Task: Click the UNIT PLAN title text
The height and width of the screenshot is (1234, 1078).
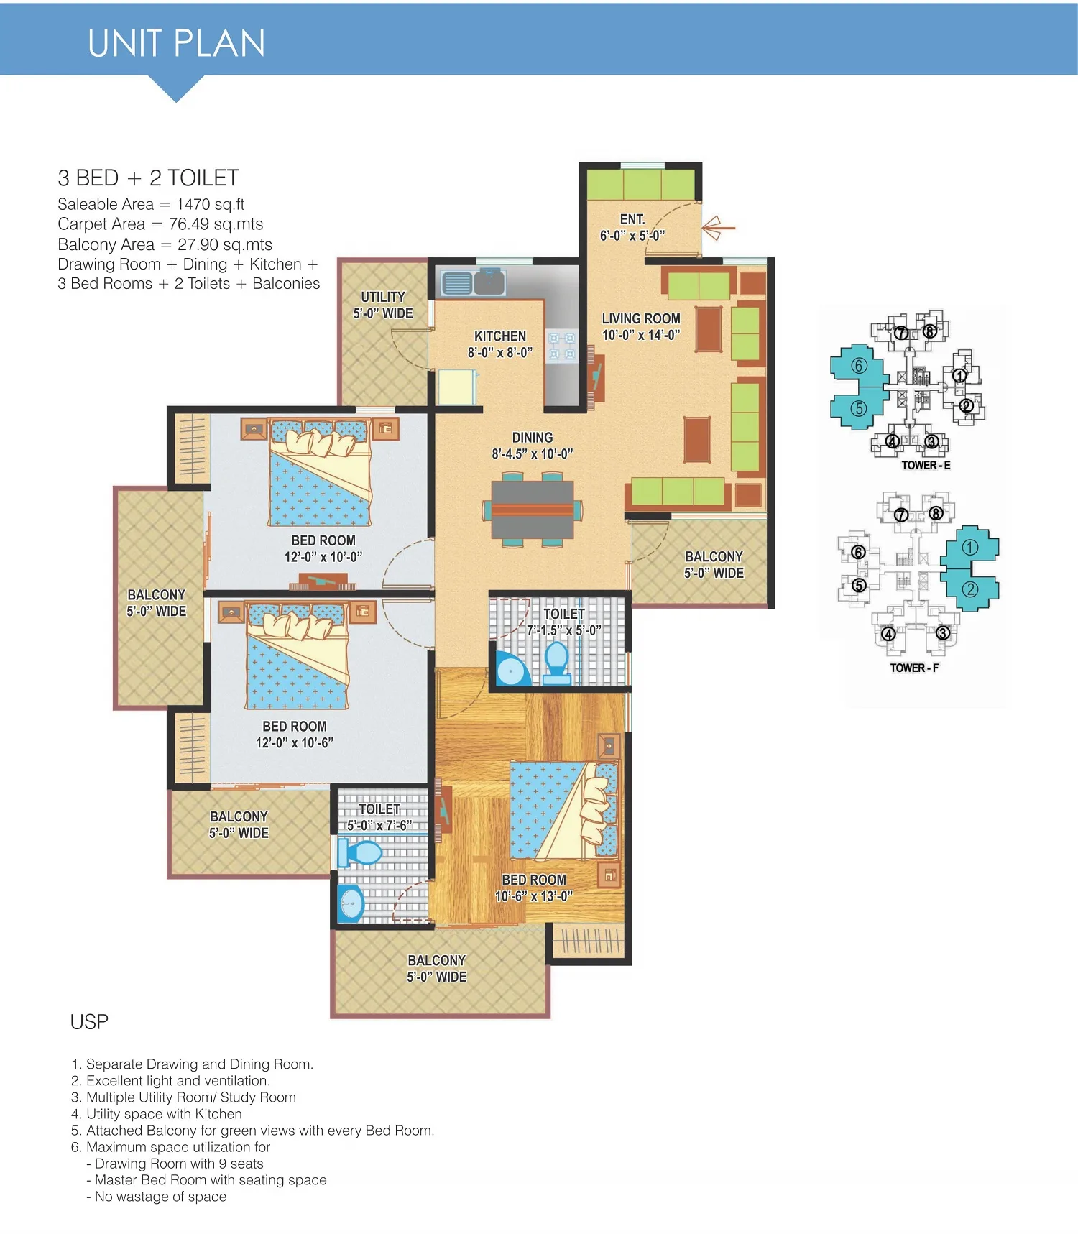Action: click(177, 43)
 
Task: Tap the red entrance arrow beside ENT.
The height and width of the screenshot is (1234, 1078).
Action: click(718, 228)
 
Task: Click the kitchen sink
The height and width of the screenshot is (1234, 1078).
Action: click(474, 282)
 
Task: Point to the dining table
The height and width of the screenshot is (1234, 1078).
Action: click(533, 510)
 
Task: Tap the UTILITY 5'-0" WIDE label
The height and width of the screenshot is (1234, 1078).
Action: click(383, 305)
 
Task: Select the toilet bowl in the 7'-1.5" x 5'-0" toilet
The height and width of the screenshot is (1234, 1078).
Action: click(557, 662)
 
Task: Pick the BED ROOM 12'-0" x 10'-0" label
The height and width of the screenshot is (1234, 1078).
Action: click(323, 548)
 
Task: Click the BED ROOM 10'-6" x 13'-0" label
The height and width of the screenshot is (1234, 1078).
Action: click(534, 888)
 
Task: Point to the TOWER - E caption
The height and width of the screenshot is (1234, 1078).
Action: click(926, 465)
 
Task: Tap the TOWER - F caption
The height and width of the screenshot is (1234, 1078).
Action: click(914, 668)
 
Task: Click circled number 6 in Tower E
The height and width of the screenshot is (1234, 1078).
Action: click(859, 366)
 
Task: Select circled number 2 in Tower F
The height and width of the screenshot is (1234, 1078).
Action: click(970, 589)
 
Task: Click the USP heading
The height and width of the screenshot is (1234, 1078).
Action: click(89, 1022)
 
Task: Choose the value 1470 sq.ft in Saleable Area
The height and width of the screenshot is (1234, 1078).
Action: click(211, 205)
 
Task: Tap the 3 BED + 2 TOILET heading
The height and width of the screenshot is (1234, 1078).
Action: click(148, 178)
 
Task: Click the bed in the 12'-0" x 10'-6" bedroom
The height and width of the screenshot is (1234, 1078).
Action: click(297, 655)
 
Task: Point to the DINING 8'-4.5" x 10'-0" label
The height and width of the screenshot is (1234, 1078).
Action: click(533, 446)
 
